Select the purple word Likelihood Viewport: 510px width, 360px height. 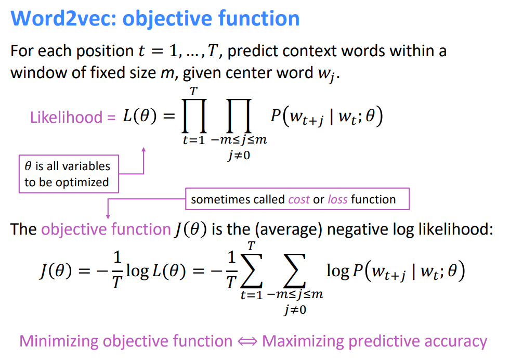(66, 117)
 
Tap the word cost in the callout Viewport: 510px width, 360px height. (298, 199)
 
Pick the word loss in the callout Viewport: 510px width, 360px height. (337, 199)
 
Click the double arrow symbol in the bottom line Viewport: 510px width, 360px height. (247, 341)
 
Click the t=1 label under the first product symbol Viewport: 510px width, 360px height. (193, 141)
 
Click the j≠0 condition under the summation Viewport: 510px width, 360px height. (295, 311)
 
